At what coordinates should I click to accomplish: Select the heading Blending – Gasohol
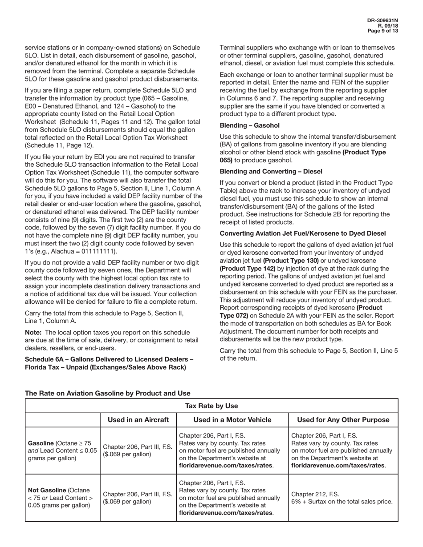click(x=249, y=125)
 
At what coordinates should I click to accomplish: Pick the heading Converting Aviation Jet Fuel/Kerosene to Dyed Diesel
click(x=302, y=233)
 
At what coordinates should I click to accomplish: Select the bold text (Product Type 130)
click(x=291, y=261)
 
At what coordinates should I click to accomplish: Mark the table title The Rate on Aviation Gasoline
click(x=107, y=393)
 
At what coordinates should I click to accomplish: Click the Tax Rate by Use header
click(x=211, y=406)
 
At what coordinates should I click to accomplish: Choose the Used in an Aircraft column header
click(x=138, y=420)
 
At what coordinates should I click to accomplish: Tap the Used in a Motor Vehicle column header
click(x=232, y=420)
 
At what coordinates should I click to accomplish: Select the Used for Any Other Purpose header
click(x=343, y=420)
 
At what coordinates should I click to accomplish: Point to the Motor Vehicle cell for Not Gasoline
click(x=232, y=498)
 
